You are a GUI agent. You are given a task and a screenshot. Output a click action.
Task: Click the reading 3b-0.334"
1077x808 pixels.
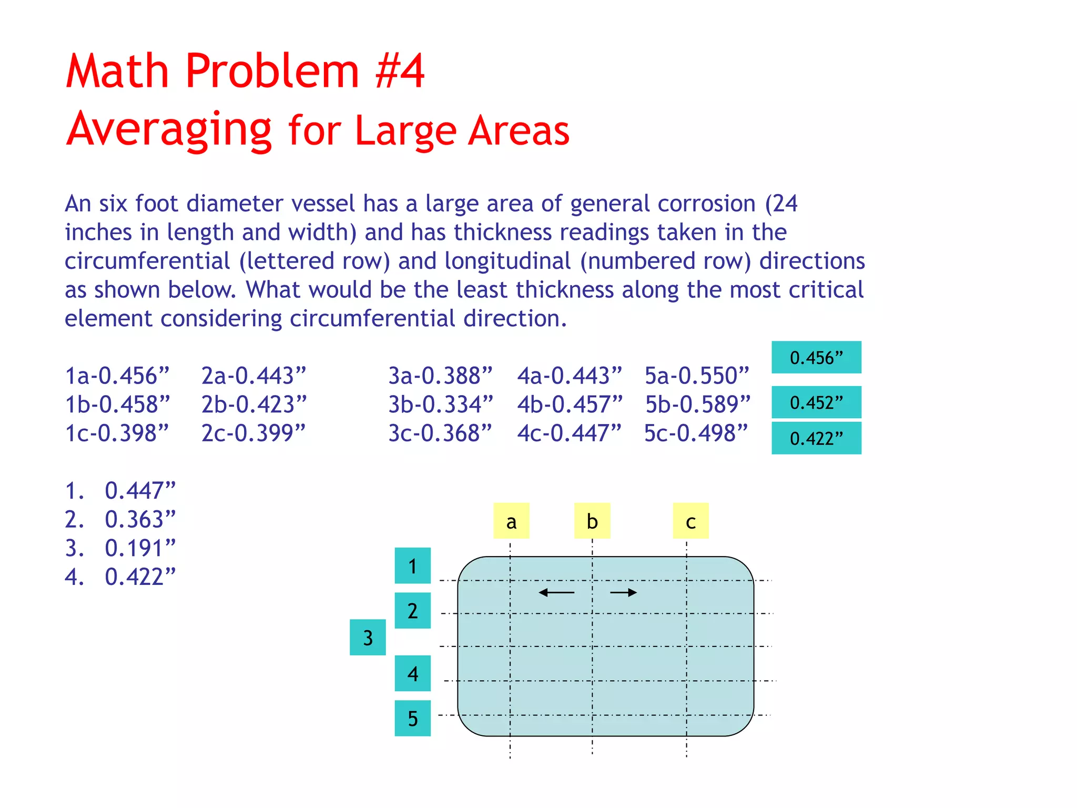pos(441,405)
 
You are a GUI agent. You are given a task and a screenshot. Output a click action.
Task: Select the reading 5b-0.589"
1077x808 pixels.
pos(698,405)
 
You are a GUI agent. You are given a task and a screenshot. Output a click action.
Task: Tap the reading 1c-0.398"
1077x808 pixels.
pos(117,433)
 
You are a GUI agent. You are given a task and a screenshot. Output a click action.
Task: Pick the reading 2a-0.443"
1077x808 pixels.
pos(253,376)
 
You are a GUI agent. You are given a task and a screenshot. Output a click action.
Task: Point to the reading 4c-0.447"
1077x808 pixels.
pos(569,433)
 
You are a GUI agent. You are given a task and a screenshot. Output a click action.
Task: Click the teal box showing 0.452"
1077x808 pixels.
pos(816,402)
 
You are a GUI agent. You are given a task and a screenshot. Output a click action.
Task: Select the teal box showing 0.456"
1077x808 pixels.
pos(816,358)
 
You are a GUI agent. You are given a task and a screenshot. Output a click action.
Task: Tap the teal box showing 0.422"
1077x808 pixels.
pos(816,438)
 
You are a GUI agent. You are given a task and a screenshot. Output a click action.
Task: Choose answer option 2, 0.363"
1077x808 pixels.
pos(121,520)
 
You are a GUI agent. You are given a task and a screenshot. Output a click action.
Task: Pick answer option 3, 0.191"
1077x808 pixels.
pos(121,548)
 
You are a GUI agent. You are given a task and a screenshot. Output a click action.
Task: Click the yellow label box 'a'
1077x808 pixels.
pos(511,521)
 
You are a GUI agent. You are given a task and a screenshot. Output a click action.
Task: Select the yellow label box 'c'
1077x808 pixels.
pos(690,521)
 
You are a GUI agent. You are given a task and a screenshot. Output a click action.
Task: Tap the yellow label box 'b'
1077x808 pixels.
pos(592,521)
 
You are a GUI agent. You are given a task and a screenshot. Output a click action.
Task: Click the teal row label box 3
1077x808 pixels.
pos(368,638)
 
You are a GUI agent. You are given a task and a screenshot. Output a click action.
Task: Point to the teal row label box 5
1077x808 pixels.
pos(413,718)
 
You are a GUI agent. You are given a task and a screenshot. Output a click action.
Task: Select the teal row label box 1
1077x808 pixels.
pos(413,566)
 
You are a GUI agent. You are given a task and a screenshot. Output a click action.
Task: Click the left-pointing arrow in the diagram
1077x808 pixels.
pos(556,593)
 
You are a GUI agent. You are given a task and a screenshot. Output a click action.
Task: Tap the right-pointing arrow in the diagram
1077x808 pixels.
pos(624,593)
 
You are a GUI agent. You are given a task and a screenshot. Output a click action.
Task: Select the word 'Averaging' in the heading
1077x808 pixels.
pos(169,129)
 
